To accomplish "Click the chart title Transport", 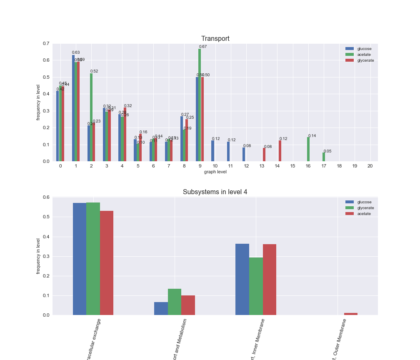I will point(215,39).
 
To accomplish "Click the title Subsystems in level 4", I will point(215,192).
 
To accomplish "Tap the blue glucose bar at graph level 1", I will point(73,108).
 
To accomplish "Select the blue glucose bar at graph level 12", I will point(244,154).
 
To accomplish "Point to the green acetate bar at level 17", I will point(324,157).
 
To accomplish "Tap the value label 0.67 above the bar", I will point(203,47).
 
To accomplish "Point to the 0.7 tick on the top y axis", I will point(45,44).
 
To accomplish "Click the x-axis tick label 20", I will point(370,166).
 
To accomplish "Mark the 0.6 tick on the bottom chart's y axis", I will point(45,197).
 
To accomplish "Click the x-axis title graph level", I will point(215,172).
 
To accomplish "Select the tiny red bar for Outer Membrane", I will point(351,314).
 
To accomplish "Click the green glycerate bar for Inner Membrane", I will point(256,286).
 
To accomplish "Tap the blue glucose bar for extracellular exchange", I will point(80,259).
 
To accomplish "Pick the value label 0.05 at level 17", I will point(327,151).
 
